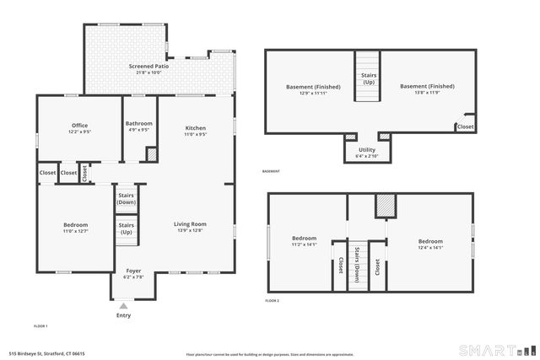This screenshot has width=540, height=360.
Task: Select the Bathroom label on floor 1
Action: pos(138,123)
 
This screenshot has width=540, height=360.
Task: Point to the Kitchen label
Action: pos(196,128)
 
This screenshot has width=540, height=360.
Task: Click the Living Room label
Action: pos(191,223)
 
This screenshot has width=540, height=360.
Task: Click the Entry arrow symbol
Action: pos(123,305)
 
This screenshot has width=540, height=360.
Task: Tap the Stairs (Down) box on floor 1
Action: pos(127,199)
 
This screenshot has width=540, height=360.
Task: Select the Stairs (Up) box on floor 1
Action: pos(127,228)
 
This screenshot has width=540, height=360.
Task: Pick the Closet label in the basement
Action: pos(465,126)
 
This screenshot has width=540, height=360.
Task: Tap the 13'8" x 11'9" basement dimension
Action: pos(426,93)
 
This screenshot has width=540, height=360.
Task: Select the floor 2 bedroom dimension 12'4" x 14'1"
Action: pos(429,248)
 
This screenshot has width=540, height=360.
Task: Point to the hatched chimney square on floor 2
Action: pos(385,206)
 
